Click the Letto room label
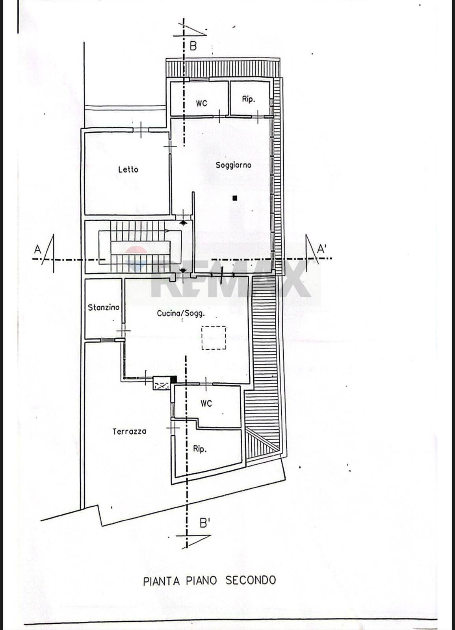pos(128,169)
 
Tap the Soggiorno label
pos(233,165)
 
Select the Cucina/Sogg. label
pos(181,313)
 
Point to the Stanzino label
pos(104,308)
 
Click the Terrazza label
pos(130,432)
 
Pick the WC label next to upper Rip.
pos(201,103)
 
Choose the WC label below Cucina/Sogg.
pos(206,404)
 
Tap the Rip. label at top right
pos(248,99)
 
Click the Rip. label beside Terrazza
pos(199,449)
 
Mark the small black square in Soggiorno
pos(235,198)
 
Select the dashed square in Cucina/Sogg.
pos(214,337)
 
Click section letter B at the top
pos(193,46)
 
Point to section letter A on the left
pos(38,250)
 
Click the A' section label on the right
pos(321,249)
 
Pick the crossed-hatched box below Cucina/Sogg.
pos(162,383)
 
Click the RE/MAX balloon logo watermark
pos(136,259)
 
